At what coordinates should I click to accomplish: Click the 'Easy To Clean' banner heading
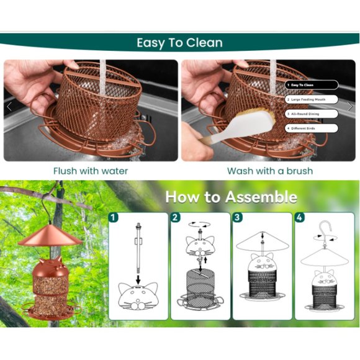click(179, 43)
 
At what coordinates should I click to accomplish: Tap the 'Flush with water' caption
click(91, 171)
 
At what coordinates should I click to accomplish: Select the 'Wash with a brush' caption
click(269, 171)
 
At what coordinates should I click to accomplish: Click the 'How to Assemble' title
click(231, 197)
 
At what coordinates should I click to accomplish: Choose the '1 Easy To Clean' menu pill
click(311, 85)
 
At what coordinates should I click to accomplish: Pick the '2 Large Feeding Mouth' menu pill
click(311, 99)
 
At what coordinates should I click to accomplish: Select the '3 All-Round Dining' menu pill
click(311, 114)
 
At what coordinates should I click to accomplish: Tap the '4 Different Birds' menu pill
click(311, 128)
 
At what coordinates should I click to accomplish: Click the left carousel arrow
click(9, 107)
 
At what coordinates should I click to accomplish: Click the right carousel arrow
click(350, 107)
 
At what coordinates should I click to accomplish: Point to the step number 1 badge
click(114, 218)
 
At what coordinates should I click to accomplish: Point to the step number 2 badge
click(176, 218)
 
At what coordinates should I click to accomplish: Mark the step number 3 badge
click(238, 218)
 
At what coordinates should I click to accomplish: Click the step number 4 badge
click(300, 218)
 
